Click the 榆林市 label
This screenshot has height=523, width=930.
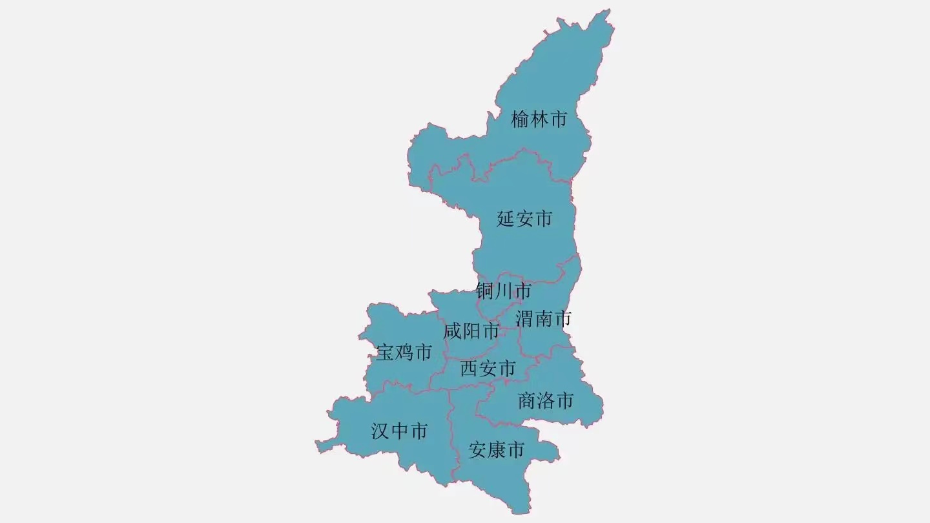(539, 119)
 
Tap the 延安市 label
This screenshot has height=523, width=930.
(524, 219)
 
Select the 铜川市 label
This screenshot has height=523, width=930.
(503, 291)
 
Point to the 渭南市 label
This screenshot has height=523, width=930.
(543, 318)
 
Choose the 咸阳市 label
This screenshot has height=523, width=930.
(471, 331)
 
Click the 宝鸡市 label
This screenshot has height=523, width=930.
(404, 353)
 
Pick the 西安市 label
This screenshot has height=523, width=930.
(488, 369)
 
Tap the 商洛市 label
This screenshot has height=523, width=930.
(546, 401)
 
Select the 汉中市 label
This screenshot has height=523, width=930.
(399, 431)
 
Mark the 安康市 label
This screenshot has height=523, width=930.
(496, 449)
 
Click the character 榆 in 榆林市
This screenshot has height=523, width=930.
(520, 119)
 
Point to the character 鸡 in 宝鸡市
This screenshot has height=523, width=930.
(404, 353)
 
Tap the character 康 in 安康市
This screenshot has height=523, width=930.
(496, 449)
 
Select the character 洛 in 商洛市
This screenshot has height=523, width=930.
(546, 401)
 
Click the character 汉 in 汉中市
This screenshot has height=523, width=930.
(380, 431)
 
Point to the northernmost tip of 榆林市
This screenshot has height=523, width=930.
(608, 10)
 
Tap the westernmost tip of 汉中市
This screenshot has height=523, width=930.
(316, 443)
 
